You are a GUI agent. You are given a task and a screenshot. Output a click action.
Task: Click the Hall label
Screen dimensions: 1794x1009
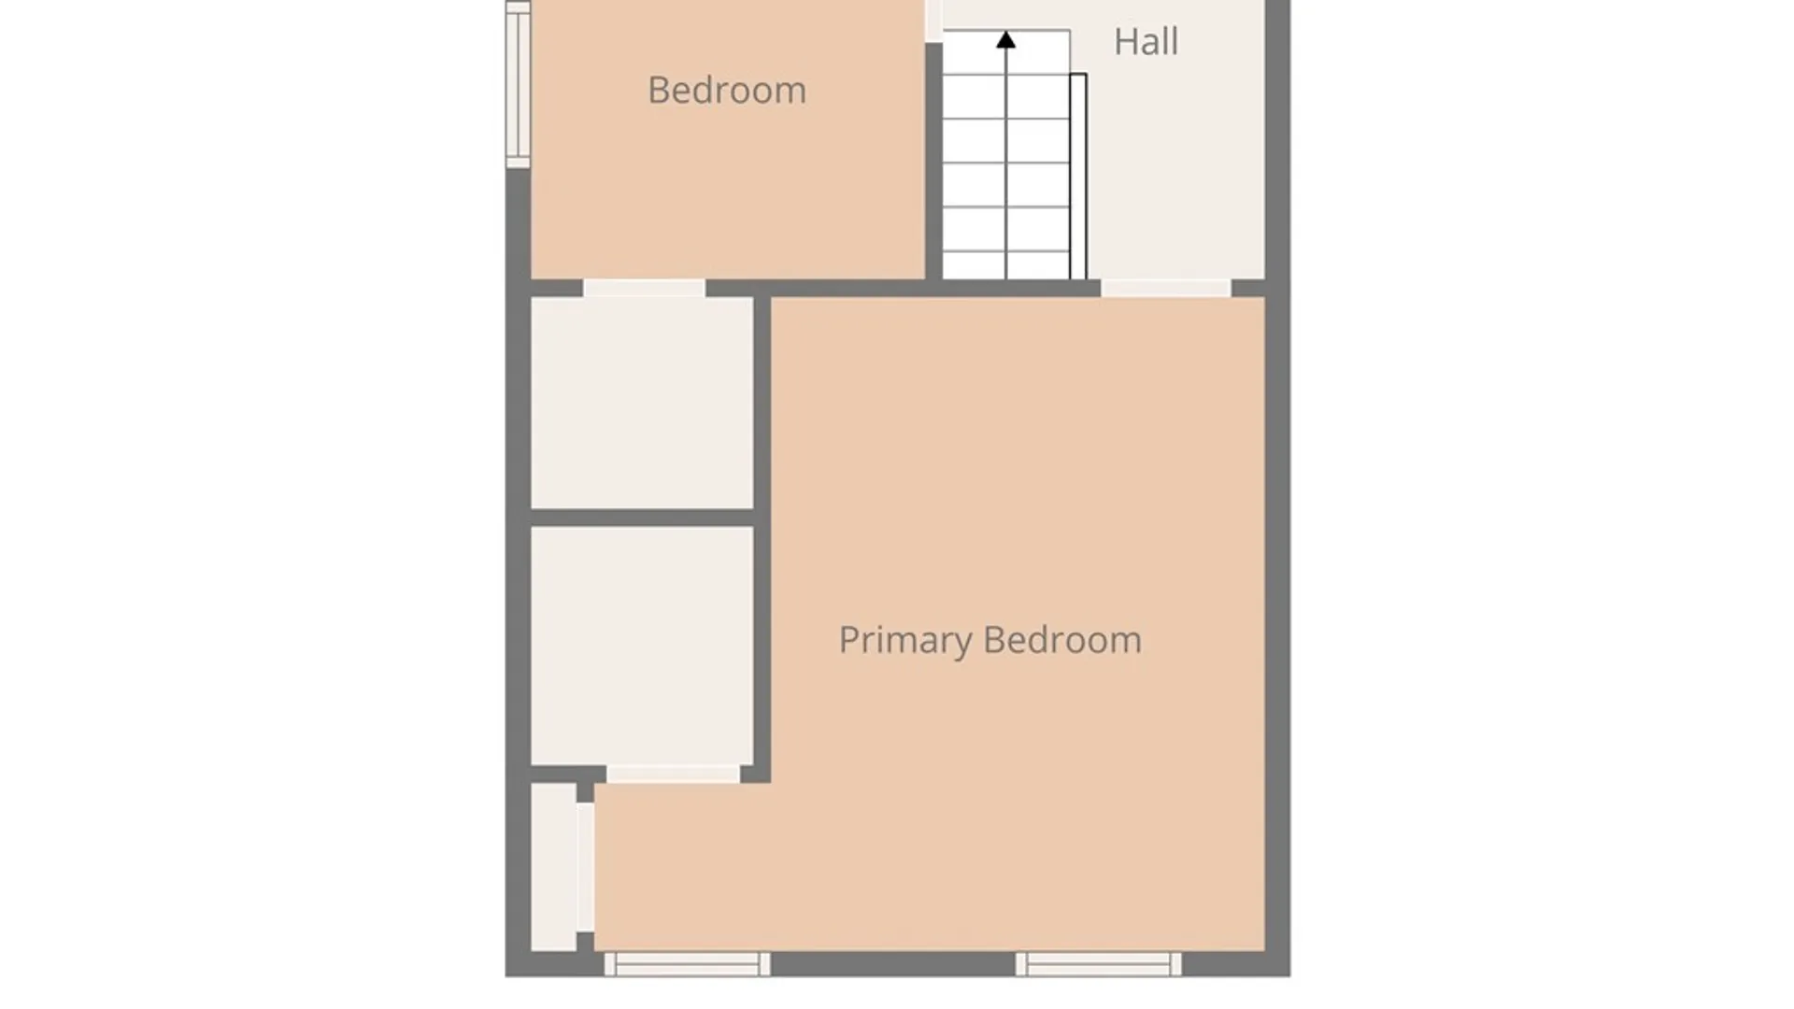click(1146, 41)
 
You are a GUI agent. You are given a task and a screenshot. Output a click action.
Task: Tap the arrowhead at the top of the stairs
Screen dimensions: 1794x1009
click(1005, 39)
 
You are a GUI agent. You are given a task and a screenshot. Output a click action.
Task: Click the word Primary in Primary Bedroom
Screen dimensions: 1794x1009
click(905, 641)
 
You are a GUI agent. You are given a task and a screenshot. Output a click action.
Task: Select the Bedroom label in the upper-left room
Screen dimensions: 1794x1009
click(727, 90)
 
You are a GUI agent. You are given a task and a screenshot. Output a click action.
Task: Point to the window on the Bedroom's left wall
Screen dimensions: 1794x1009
click(519, 84)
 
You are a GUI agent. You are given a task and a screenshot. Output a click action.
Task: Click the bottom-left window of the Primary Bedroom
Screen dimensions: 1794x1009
click(687, 964)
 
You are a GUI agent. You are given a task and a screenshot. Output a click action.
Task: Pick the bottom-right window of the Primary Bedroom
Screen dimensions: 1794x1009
click(1098, 964)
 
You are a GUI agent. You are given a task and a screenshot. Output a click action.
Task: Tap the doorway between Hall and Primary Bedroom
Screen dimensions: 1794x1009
click(1165, 288)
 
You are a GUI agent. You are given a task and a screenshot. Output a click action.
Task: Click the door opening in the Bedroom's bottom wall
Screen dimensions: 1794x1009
click(644, 288)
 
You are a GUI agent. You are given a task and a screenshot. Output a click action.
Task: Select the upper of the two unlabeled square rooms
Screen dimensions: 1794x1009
click(642, 403)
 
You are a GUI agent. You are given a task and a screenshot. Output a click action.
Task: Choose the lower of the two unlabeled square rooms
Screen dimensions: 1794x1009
click(642, 646)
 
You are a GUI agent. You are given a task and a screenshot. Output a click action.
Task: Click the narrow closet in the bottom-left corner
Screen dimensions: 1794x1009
click(553, 867)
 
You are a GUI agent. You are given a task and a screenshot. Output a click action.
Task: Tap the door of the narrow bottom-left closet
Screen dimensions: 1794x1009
click(585, 867)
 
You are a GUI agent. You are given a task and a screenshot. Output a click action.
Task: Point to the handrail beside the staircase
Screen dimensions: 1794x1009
click(1078, 176)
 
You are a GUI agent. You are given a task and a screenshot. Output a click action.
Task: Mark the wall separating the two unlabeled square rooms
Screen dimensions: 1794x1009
click(642, 518)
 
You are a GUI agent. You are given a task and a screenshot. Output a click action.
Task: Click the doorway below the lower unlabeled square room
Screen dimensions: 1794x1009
click(673, 774)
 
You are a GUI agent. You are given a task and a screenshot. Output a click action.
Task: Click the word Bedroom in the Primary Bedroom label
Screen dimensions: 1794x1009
click(1062, 640)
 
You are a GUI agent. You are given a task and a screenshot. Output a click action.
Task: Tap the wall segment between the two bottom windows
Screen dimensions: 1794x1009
click(892, 964)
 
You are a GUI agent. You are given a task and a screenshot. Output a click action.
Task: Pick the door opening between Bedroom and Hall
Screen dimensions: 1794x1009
click(933, 21)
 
